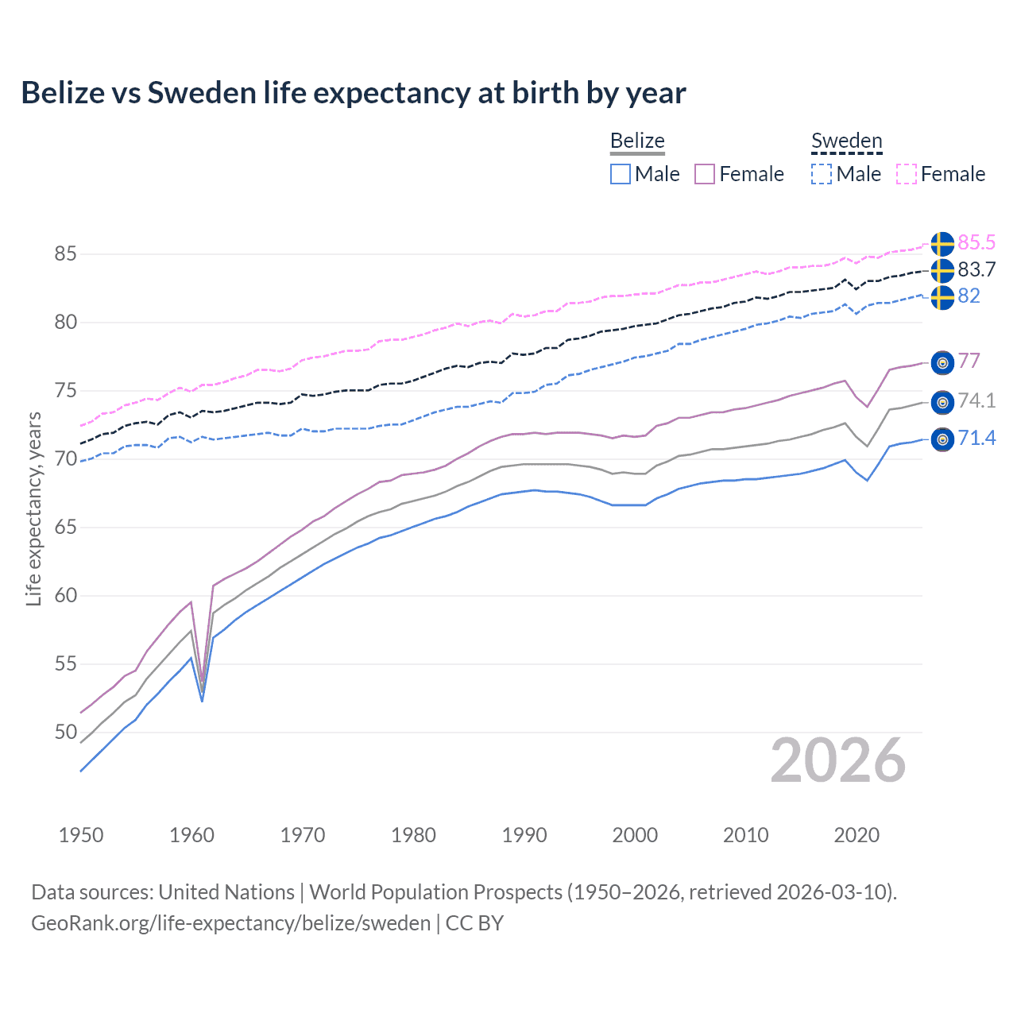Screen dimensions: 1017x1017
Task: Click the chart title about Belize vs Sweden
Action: (353, 93)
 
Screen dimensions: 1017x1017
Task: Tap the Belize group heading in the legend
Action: (637, 141)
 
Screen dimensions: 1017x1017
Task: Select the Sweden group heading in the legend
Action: (846, 141)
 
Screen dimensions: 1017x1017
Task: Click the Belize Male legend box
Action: (621, 174)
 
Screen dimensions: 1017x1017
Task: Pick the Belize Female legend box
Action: (706, 174)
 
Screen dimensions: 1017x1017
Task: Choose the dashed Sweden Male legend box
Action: (822, 174)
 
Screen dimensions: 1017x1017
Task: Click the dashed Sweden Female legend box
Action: (907, 174)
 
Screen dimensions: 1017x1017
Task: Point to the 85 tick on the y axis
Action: (65, 254)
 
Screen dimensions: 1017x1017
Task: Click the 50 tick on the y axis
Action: (65, 732)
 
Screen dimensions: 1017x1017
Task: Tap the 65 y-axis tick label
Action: (65, 527)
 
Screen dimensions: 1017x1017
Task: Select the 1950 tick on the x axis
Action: (81, 835)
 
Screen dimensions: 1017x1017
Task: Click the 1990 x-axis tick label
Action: (524, 835)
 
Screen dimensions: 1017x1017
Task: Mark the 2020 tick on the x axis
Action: (857, 835)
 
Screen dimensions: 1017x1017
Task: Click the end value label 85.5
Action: (976, 242)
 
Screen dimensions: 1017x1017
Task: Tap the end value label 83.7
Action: (976, 269)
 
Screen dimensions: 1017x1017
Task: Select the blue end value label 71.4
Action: (976, 438)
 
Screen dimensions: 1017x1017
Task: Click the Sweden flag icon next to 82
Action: (942, 297)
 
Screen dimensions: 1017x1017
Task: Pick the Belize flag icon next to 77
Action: (942, 362)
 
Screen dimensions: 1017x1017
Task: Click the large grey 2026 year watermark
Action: (837, 760)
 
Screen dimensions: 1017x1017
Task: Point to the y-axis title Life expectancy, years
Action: (33, 508)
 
